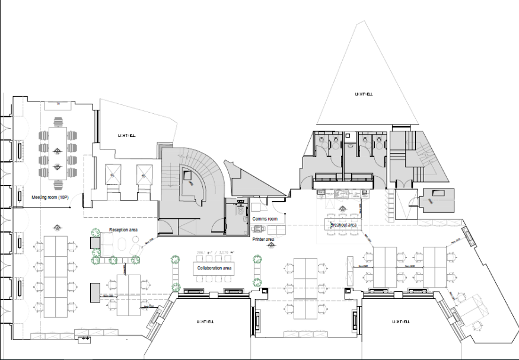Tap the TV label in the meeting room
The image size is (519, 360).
coord(58,104)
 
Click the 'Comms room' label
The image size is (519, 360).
coord(265,219)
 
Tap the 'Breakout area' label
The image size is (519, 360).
coord(343,225)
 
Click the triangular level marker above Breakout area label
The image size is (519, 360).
coord(342,209)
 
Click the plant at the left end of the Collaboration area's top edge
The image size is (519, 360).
coord(176,259)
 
